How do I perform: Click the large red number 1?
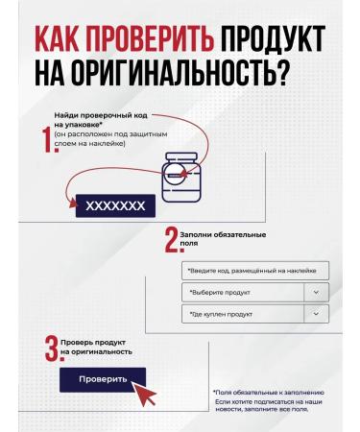[x=45, y=141]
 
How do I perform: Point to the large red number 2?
[x=171, y=239]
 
